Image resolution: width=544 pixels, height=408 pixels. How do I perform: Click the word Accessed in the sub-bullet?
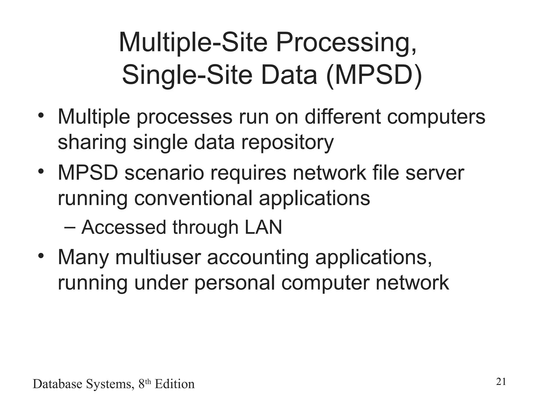(124, 228)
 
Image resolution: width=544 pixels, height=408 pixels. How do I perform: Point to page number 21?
(501, 382)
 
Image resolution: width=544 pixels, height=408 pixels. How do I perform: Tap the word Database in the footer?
(57, 384)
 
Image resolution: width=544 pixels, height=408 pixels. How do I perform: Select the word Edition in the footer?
(175, 384)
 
